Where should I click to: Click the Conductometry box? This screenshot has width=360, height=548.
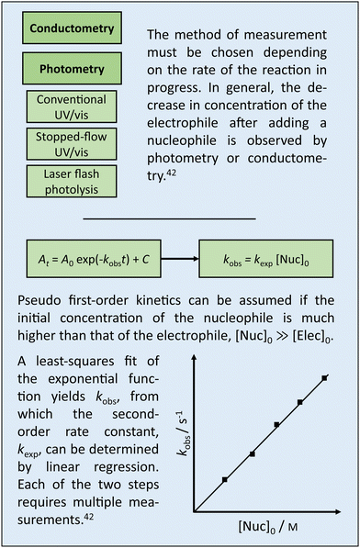pyautogui.click(x=72, y=28)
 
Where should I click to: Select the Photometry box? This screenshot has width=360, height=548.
pyautogui.click(x=72, y=69)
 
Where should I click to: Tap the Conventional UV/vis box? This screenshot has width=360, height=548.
pyautogui.click(x=72, y=106)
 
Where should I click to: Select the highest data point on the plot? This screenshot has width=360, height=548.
pyautogui.click(x=325, y=377)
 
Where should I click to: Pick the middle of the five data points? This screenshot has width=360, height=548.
pyautogui.click(x=276, y=425)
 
